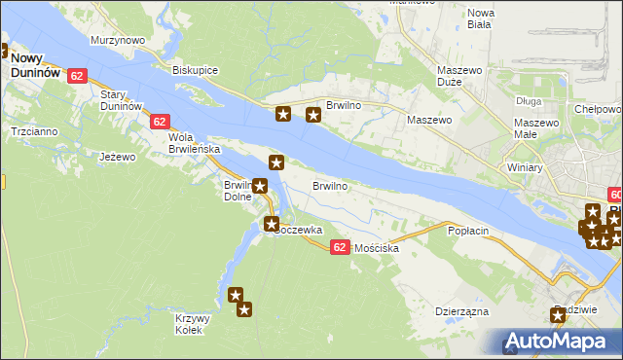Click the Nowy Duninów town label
[36, 65]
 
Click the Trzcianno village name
[33, 130]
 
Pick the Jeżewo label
[117, 156]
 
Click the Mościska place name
[378, 248]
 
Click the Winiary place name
[525, 165]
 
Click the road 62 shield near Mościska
[339, 248]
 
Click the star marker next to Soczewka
[272, 225]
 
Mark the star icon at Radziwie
[558, 314]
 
